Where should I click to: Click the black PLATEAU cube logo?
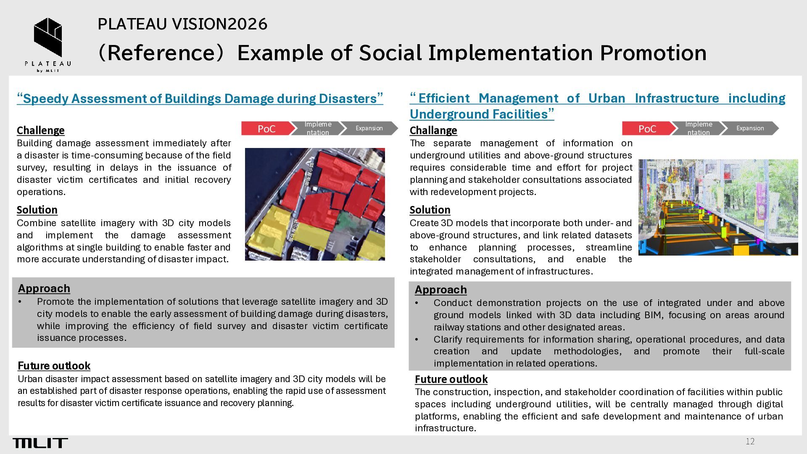(x=48, y=37)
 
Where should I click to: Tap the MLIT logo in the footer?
(x=40, y=443)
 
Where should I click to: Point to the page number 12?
(x=750, y=441)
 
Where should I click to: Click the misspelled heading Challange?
(x=433, y=130)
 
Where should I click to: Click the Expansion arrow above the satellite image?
(x=369, y=128)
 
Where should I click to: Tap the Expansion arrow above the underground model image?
(x=750, y=128)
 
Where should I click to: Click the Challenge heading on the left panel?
(x=41, y=130)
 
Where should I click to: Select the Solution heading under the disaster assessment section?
(x=37, y=210)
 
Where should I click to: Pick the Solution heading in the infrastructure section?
(x=430, y=210)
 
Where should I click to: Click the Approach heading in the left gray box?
(x=44, y=288)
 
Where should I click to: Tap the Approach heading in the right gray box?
(x=441, y=290)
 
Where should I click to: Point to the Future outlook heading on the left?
(x=54, y=366)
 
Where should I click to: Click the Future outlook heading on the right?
(x=451, y=379)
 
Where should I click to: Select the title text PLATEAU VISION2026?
(x=182, y=24)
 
